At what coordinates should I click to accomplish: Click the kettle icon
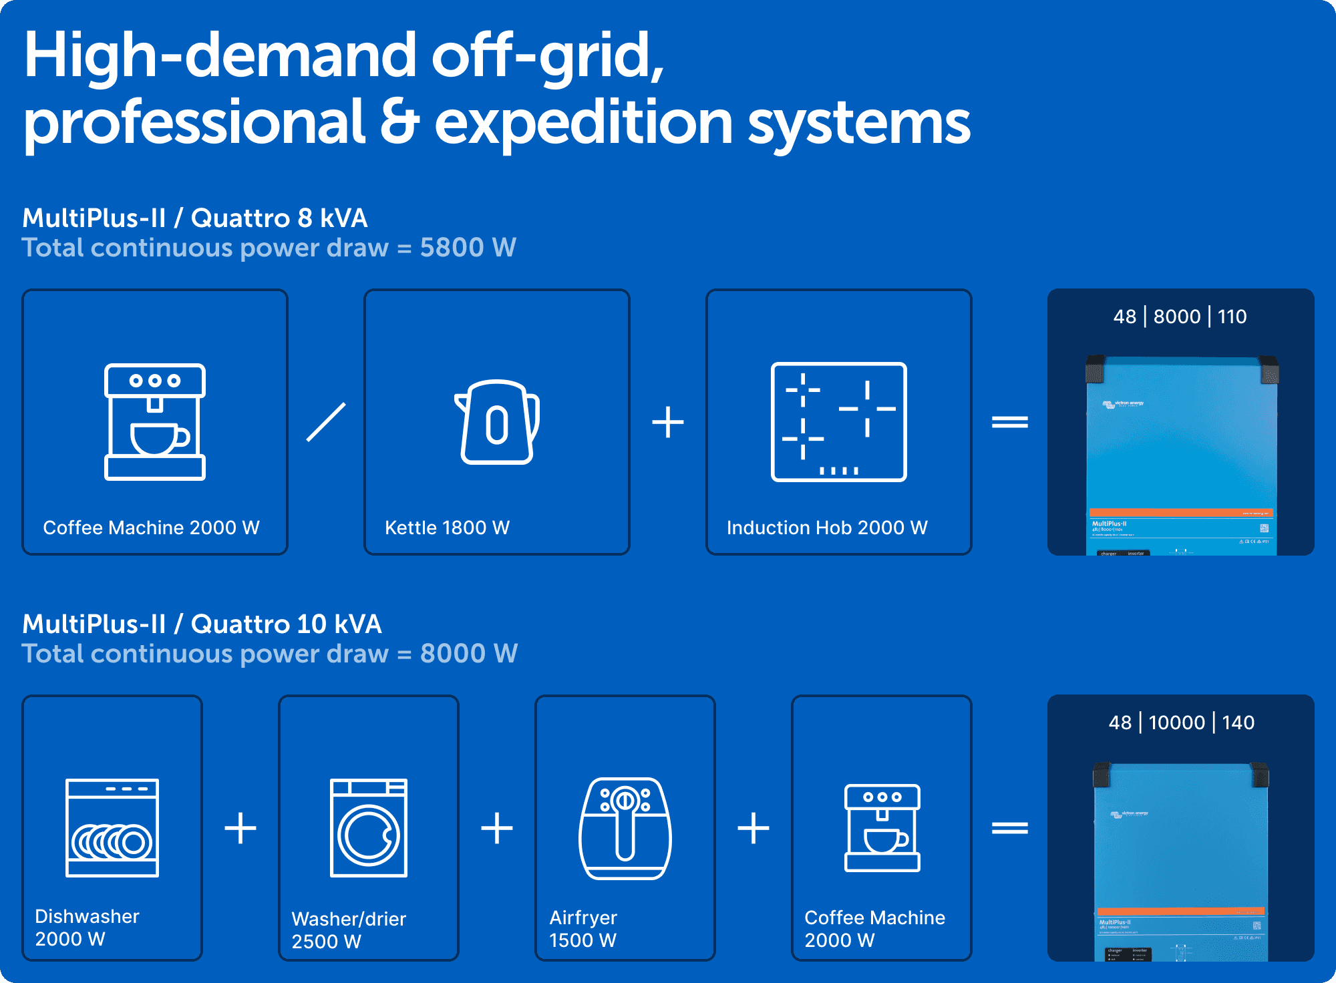(497, 422)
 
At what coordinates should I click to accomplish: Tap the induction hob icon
(838, 422)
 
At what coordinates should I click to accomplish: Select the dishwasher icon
(112, 827)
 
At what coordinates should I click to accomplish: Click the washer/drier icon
(369, 827)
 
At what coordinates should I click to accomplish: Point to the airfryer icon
(625, 828)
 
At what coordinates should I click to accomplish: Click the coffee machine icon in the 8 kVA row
(155, 422)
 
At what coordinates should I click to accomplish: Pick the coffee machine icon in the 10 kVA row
(882, 828)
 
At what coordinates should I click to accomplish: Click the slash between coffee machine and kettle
(326, 422)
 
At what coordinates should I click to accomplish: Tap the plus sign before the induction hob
(668, 422)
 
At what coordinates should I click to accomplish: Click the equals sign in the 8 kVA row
(1009, 422)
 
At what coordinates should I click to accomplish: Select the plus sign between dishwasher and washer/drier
(240, 828)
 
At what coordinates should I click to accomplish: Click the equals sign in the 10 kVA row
(1009, 828)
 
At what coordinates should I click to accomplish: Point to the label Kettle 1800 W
(447, 528)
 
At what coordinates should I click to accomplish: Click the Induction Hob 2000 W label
(827, 528)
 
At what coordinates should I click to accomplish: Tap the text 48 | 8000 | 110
(1180, 317)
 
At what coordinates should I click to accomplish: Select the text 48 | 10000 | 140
(1181, 723)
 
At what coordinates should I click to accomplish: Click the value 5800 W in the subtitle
(468, 248)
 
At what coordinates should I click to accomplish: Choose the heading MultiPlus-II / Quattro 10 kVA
(202, 624)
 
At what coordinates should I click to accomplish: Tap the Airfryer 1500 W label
(582, 929)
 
